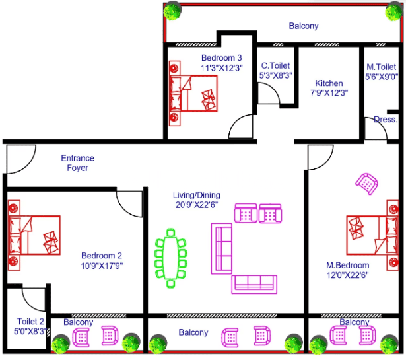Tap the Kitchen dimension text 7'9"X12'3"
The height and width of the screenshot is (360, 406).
tap(329, 93)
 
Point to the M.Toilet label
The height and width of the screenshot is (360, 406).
tap(381, 67)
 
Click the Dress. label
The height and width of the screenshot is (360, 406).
tap(386, 120)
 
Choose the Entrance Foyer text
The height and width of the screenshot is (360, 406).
tap(77, 163)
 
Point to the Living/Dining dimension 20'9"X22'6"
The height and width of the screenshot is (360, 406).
tap(197, 205)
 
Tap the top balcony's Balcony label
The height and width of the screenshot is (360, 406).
tap(303, 26)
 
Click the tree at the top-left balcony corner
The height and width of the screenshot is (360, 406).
tap(174, 10)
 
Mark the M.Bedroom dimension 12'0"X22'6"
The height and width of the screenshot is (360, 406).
tap(347, 275)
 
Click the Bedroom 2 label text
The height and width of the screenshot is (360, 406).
tap(102, 256)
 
